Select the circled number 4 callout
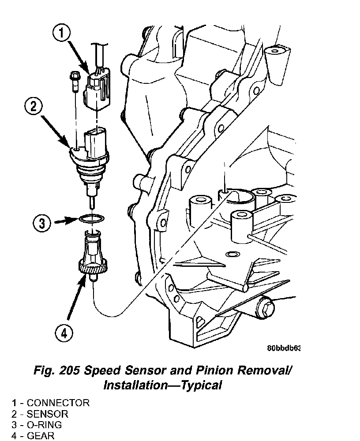coord(64,334)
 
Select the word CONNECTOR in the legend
coord(58,403)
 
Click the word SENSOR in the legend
coord(47,414)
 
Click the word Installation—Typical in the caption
coord(162,385)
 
